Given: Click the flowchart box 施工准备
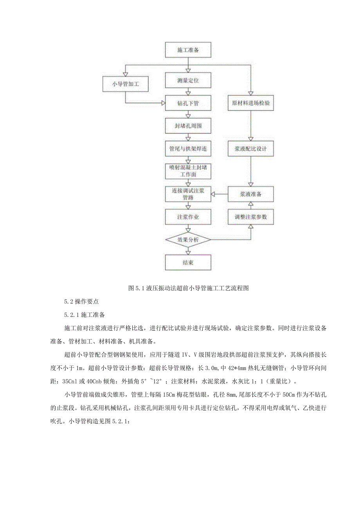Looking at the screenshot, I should tap(188, 50).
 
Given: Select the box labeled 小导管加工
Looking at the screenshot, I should tap(125, 84).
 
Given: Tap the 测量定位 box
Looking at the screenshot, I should tap(188, 80).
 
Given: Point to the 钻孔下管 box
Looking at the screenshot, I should tap(188, 103).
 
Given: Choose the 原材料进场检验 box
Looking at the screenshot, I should tap(250, 103).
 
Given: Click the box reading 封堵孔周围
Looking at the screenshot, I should tap(188, 126).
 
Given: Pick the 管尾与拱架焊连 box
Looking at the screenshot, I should tap(188, 149).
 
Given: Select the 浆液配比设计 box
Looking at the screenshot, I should tap(250, 149).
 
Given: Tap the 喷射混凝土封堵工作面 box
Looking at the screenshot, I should tap(188, 171).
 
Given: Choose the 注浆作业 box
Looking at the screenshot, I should tap(188, 216).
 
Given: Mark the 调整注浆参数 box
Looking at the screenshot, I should tap(250, 216).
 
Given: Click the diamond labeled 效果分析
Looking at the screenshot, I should tap(188, 239).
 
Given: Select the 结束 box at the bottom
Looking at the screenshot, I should tap(188, 263).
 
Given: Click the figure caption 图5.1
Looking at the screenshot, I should tap(188, 288).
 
